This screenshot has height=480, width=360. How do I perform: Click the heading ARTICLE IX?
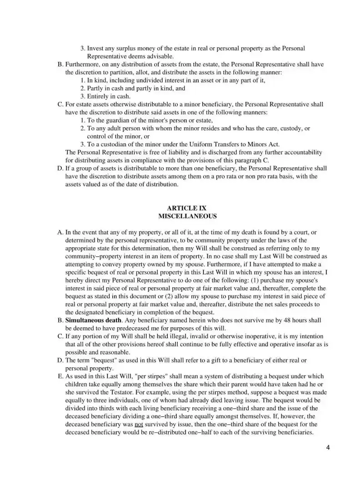[180, 208]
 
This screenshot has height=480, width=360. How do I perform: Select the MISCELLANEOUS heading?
[180, 216]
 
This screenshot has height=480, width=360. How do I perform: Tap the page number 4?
[328, 448]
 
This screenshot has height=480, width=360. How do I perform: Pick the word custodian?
[114, 144]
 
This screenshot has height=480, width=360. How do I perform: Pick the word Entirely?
[99, 96]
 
